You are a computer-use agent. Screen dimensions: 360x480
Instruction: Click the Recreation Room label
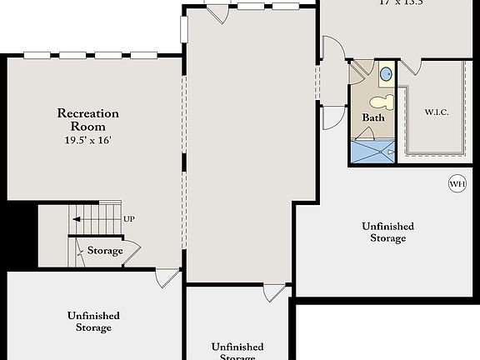88,119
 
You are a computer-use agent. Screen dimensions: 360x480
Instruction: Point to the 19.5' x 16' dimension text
88,141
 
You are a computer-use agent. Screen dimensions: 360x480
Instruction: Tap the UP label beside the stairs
129,219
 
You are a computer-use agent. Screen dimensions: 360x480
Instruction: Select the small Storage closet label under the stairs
105,251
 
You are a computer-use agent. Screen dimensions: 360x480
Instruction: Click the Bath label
372,118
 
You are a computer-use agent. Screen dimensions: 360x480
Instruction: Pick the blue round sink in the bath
386,75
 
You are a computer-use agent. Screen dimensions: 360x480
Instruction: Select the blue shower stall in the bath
372,152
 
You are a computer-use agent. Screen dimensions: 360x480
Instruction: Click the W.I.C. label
437,112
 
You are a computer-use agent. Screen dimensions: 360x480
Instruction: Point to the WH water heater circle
457,184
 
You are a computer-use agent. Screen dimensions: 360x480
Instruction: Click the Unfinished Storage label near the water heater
388,232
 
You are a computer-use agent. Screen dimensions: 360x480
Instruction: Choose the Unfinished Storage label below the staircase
93,322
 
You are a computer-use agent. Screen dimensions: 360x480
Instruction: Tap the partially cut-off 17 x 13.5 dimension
401,3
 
